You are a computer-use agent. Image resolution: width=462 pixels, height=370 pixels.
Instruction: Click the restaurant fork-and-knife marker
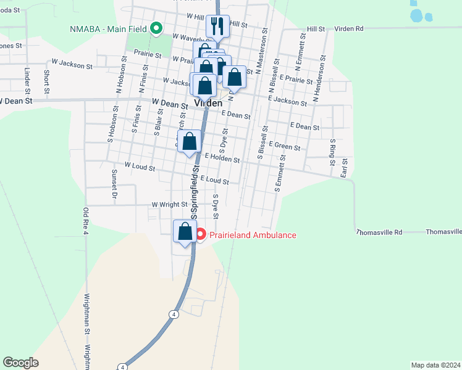click(217, 26)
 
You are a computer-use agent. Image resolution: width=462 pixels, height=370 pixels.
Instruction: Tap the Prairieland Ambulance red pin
click(200, 235)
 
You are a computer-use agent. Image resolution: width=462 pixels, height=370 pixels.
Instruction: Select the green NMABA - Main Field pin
click(157, 28)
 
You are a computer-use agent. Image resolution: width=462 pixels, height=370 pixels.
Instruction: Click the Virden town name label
click(208, 104)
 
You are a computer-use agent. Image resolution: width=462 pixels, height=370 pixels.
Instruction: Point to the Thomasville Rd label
click(379, 232)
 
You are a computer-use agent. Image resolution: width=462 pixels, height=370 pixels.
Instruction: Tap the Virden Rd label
click(351, 28)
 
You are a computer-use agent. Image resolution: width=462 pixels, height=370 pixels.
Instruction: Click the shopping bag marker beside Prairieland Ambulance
click(185, 232)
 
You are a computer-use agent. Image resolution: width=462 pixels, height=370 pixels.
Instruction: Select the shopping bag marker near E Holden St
click(190, 141)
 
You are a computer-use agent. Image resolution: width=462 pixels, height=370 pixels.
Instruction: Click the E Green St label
click(284, 147)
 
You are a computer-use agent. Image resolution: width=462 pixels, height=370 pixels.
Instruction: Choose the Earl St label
click(344, 168)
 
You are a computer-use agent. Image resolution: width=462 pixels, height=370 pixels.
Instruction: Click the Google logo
click(20, 362)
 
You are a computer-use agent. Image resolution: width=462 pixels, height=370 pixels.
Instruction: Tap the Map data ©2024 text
click(435, 364)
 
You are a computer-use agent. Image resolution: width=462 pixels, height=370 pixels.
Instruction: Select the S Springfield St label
click(195, 192)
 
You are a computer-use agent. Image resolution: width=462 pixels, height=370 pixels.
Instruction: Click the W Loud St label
click(140, 165)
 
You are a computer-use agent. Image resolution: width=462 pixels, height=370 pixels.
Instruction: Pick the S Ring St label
click(332, 154)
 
